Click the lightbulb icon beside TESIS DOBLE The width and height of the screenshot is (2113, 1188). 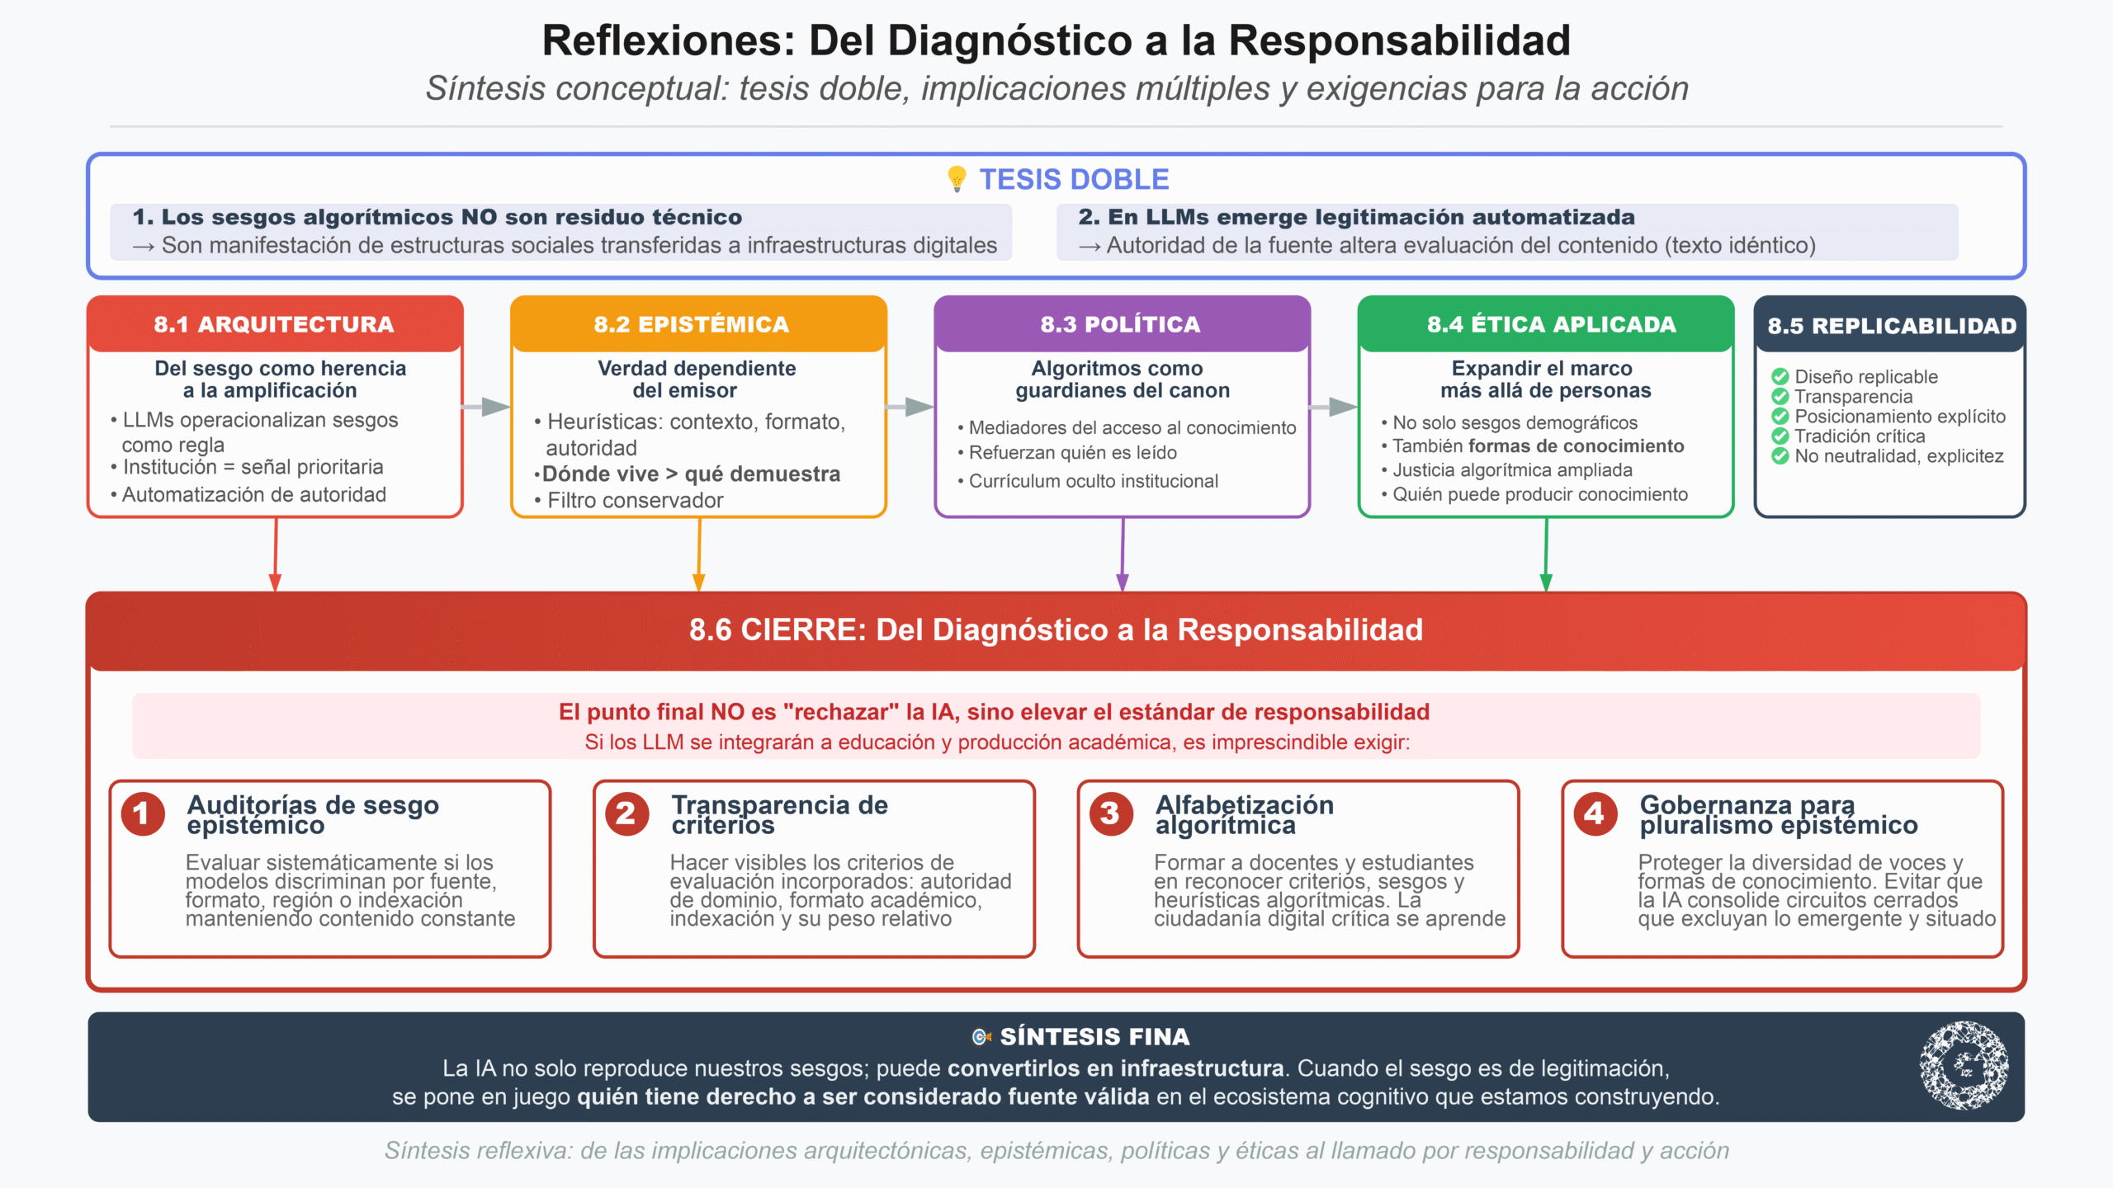point(957,179)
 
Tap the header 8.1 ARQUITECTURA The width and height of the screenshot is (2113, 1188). point(274,324)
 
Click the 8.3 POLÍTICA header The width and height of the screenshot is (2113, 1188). point(1122,324)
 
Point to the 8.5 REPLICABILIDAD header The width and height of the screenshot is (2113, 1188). point(1890,326)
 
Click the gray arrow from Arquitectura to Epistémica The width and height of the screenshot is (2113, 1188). point(486,406)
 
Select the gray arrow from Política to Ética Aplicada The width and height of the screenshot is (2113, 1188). point(1334,406)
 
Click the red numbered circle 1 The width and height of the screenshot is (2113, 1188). point(143,813)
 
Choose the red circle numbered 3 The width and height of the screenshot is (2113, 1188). point(1111,813)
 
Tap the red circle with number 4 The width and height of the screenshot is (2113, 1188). point(1595,813)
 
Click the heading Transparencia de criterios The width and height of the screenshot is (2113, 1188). point(779,814)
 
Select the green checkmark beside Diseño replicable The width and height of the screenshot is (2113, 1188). point(1780,377)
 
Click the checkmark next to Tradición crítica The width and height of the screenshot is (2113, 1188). point(1780,436)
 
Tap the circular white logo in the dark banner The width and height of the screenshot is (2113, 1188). point(1964,1066)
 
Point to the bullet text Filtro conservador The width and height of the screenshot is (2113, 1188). point(635,501)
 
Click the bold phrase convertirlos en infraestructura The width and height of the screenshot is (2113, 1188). point(1115,1068)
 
